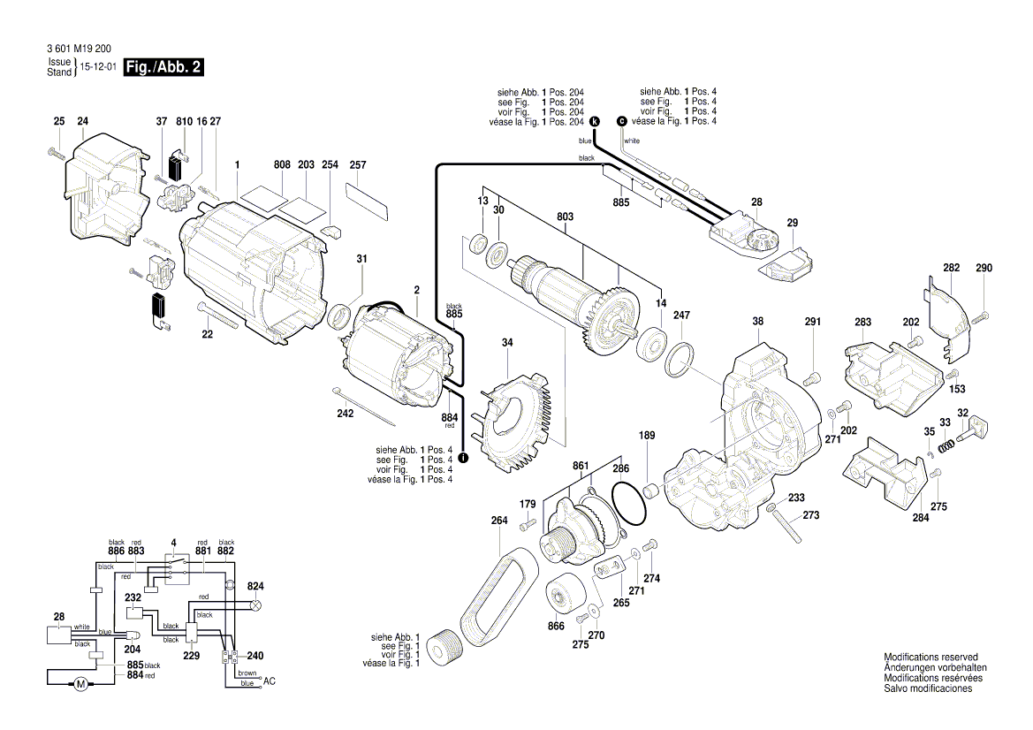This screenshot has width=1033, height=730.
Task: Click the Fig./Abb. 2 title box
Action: point(163,68)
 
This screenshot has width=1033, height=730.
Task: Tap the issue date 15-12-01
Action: point(98,67)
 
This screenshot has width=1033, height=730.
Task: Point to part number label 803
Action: point(565,217)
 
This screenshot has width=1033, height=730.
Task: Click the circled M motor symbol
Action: point(80,683)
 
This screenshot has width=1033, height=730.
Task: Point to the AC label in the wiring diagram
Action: point(270,682)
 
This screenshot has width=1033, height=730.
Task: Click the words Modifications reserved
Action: point(930,658)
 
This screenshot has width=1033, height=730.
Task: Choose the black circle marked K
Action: point(594,121)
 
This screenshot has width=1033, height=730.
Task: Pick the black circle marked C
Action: point(621,121)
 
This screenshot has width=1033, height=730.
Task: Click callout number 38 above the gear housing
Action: point(757,323)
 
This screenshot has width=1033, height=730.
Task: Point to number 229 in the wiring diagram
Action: point(192,656)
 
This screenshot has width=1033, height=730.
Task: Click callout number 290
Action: point(984,269)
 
